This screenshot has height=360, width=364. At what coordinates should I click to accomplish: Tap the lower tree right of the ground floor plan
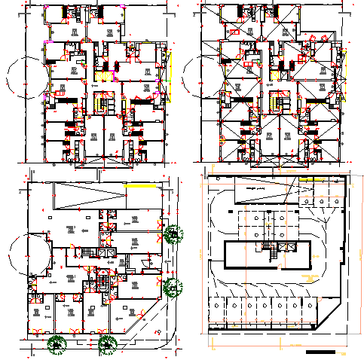(173, 286)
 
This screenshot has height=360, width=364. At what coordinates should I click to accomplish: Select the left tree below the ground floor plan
(56, 344)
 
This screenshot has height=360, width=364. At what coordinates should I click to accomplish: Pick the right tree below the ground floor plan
(106, 344)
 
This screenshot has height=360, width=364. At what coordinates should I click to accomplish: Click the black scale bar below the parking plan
(324, 352)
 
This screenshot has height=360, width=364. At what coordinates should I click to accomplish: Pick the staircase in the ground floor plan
(101, 280)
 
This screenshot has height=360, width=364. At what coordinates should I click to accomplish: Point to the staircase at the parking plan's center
(267, 248)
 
